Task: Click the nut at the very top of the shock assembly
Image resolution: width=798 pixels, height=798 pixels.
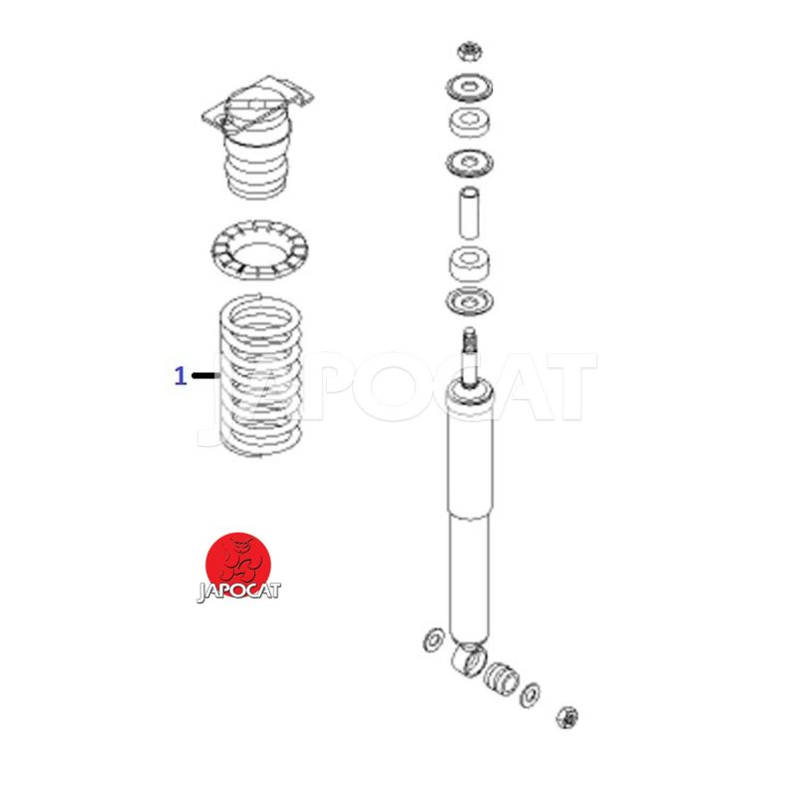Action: click(x=469, y=52)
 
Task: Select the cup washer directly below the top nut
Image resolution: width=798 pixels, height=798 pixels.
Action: click(x=469, y=89)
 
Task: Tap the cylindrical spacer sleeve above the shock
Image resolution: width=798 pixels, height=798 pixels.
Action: click(x=469, y=213)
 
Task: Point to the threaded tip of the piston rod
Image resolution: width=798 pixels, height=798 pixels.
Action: click(x=470, y=339)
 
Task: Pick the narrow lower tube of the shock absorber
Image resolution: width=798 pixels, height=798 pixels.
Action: click(x=469, y=578)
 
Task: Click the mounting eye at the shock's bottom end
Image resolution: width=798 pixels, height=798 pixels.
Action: click(x=468, y=658)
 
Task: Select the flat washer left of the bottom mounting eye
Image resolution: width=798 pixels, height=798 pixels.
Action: click(x=433, y=639)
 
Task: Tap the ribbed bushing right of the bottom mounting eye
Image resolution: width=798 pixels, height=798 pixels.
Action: click(x=501, y=677)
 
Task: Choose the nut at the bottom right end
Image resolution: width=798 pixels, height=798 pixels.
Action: click(x=567, y=717)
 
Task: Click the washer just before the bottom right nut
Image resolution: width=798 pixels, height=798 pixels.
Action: click(x=530, y=694)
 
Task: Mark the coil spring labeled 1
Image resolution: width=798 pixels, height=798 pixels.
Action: click(x=261, y=375)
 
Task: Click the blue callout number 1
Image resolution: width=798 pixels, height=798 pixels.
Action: click(x=181, y=376)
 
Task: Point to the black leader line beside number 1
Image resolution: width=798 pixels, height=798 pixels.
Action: click(x=206, y=376)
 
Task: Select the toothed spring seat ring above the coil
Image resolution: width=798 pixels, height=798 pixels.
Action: click(x=259, y=250)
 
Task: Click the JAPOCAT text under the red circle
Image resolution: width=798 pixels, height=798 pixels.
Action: click(x=238, y=592)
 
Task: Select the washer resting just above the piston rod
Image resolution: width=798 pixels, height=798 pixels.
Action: click(x=469, y=302)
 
